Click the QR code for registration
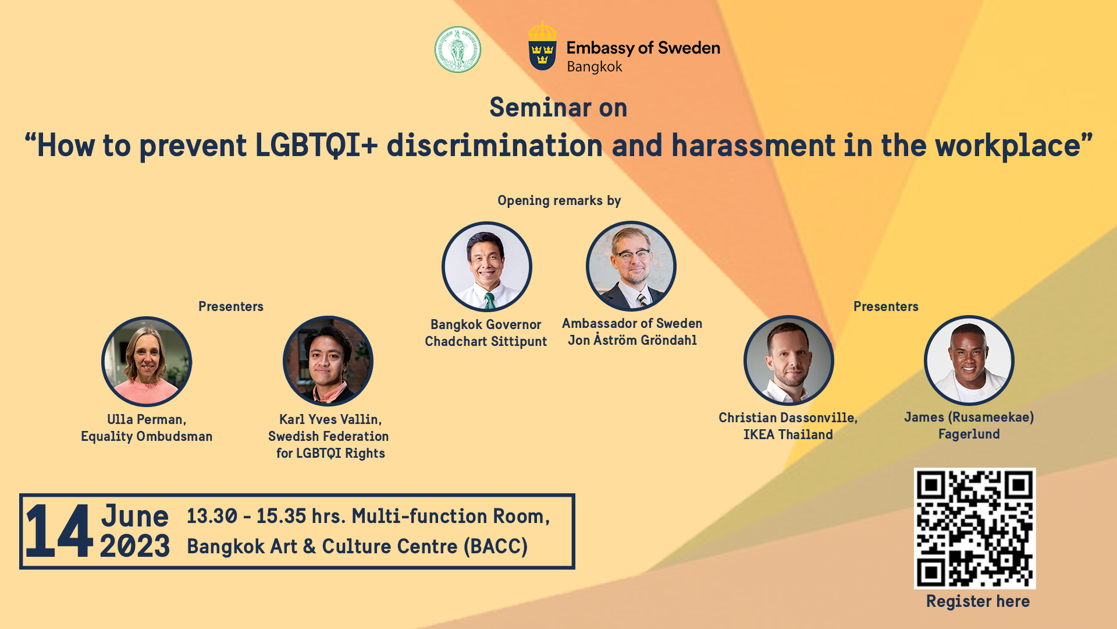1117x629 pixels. coord(974,528)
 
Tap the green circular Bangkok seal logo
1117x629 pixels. coord(458,50)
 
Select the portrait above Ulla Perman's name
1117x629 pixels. coord(147,361)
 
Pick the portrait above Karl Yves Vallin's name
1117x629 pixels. coord(328,361)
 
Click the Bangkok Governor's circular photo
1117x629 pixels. coord(487,267)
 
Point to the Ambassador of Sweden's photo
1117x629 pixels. coord(631,266)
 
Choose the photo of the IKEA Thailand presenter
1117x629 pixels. coord(789,361)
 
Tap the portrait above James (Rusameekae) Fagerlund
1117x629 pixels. coord(969,361)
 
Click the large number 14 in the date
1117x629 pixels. coord(59,531)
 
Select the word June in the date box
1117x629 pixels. coord(135,516)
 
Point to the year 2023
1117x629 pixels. coord(135,546)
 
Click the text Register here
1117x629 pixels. coord(978,601)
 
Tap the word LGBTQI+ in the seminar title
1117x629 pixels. coord(316,145)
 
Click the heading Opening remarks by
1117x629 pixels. coord(559,200)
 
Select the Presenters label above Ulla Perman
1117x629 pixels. coord(231,306)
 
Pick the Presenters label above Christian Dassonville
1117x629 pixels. coord(886,306)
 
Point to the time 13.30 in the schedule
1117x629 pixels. coord(212,516)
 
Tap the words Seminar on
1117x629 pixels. coord(558,108)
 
